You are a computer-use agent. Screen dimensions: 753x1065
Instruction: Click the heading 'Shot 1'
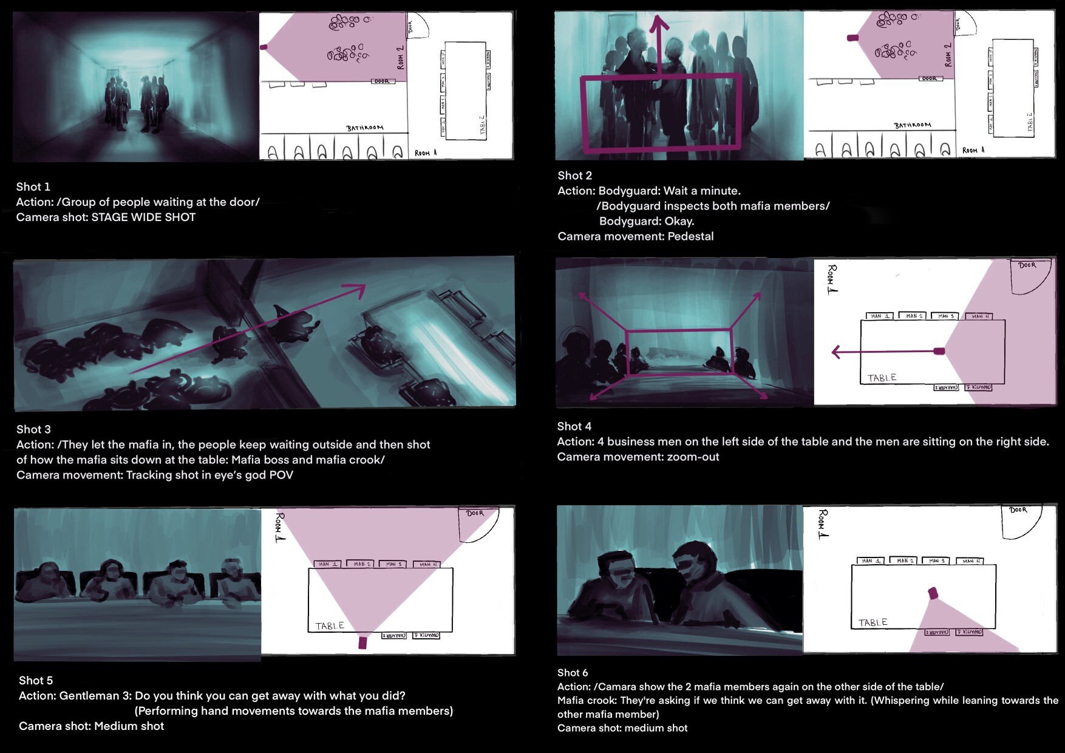33,187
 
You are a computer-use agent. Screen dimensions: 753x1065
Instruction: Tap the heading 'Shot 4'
574,427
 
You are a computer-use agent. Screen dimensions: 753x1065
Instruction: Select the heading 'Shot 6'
573,673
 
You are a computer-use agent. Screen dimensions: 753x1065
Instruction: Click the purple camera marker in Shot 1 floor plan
264,47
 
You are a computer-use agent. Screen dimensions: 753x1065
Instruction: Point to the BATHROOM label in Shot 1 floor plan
365,128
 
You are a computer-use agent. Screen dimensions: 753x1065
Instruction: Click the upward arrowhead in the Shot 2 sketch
659,24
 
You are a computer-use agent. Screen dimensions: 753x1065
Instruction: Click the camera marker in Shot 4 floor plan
939,351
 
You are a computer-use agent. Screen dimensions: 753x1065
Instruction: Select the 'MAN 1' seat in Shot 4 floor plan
880,316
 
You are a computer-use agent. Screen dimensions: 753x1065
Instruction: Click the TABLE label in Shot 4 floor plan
882,378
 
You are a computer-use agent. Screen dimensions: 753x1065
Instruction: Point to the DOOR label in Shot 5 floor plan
475,514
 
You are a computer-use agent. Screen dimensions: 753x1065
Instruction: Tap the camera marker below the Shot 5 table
363,642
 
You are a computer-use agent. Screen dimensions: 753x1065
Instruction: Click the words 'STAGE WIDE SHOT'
143,217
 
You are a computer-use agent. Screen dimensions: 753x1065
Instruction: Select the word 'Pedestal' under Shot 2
690,237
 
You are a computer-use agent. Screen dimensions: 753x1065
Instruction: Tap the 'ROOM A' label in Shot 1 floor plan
426,153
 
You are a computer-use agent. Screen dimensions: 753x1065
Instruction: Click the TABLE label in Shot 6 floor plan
873,622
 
